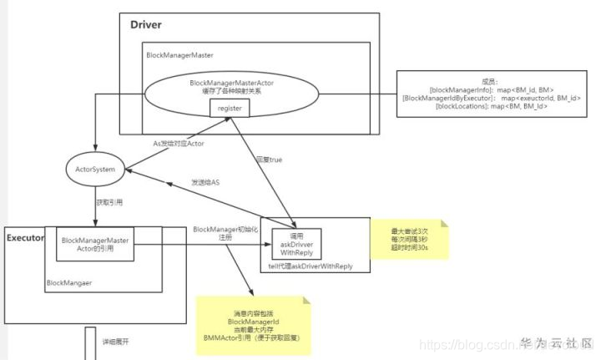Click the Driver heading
[x=146, y=24]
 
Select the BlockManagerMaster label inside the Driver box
[x=179, y=55]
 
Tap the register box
[x=229, y=109]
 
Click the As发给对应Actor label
[x=179, y=143]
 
